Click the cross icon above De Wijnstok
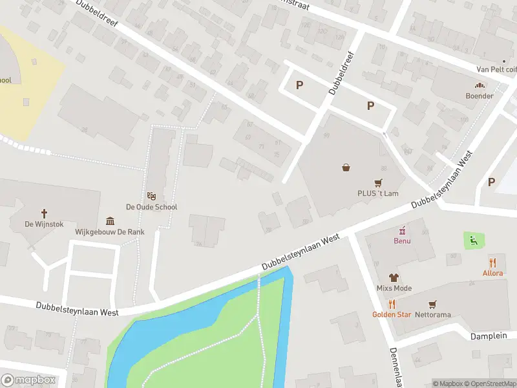click(x=45, y=213)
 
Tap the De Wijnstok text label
click(x=45, y=224)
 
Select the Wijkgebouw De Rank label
click(x=110, y=232)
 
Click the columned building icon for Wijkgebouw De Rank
click(x=111, y=221)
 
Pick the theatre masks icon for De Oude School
click(x=151, y=196)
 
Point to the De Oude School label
click(x=151, y=207)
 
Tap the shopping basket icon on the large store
click(x=347, y=167)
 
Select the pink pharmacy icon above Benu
click(x=402, y=230)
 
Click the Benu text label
click(x=402, y=241)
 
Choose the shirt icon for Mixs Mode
click(x=394, y=277)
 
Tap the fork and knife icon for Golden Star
click(x=391, y=304)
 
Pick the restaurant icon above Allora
click(x=492, y=263)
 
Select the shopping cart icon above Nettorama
click(x=432, y=304)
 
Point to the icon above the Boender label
click(x=480, y=85)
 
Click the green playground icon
click(x=474, y=241)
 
